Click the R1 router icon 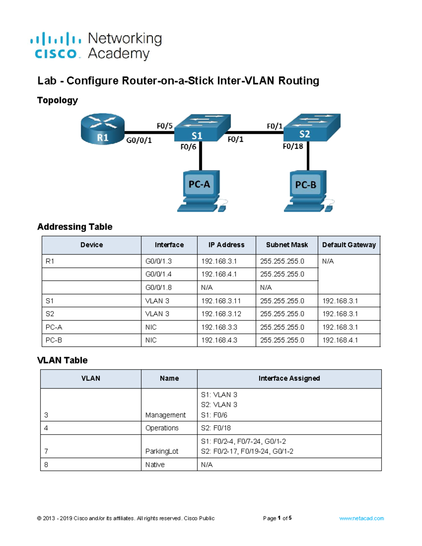[102, 129]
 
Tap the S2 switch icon [312, 128]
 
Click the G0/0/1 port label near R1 [139, 140]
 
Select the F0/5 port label [165, 126]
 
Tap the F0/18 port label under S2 [293, 146]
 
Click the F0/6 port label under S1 [188, 147]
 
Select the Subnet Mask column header [287, 245]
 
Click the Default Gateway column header [349, 245]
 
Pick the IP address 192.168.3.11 [221, 301]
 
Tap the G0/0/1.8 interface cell [159, 288]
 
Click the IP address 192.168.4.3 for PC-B [219, 340]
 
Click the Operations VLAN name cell [162, 428]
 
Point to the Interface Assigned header [289, 379]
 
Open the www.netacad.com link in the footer [362, 518]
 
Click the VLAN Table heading [62, 360]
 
